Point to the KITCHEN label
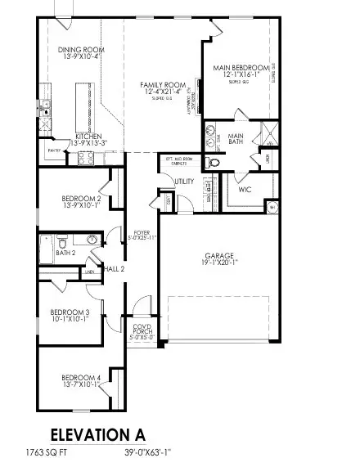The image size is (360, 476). tap(88, 137)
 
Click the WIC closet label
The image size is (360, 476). tap(245, 189)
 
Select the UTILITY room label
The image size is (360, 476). tap(183, 181)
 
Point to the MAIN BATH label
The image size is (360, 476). tap(236, 140)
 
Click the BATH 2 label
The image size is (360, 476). tap(65, 253)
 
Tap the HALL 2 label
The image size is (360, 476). tap(112, 268)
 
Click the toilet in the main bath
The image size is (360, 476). tap(215, 163)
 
